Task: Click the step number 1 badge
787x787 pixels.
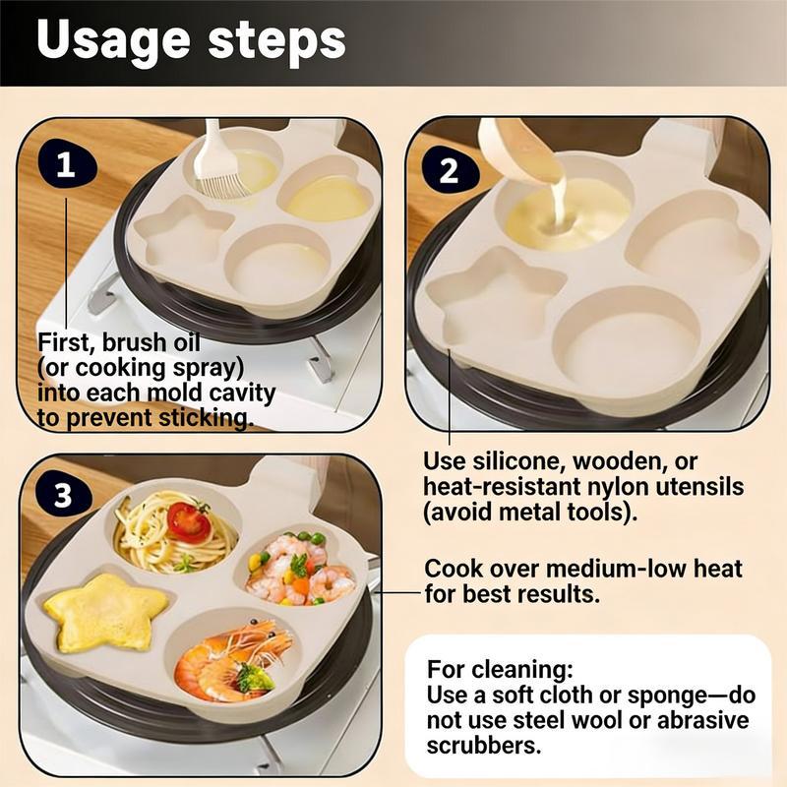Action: tap(65, 165)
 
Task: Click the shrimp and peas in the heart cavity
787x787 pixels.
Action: tap(299, 569)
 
